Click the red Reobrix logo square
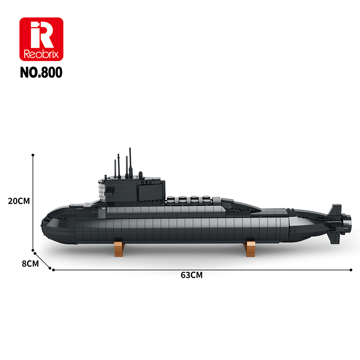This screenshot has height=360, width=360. click(x=41, y=39)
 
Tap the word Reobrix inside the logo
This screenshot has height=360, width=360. click(x=41, y=54)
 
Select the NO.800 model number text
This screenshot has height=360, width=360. click(x=41, y=72)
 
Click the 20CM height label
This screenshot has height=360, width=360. click(x=18, y=201)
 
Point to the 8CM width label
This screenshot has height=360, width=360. click(x=30, y=264)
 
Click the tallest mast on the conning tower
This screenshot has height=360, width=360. click(x=130, y=162)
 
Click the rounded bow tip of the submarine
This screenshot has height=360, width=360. click(x=43, y=223)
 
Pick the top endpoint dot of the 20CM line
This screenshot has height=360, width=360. click(x=33, y=154)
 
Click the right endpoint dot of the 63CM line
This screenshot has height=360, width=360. click(x=351, y=270)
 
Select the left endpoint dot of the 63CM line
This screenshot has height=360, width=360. click(x=54, y=270)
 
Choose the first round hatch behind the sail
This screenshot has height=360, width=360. click(x=172, y=198)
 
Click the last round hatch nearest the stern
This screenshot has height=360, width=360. click(x=206, y=198)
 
